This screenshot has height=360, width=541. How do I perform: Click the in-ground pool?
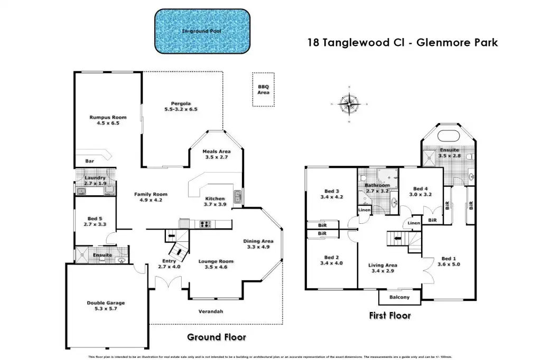pos(202,31)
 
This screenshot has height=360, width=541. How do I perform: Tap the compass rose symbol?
pos(348,103)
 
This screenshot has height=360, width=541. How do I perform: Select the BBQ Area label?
pos(263,90)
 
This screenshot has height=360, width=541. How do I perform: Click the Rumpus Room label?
pos(108,120)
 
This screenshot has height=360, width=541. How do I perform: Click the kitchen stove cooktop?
pos(204,224)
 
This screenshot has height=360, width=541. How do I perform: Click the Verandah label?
pos(211,311)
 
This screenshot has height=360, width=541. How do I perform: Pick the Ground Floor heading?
pos(217,337)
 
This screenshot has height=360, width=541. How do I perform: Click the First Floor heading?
pos(389,316)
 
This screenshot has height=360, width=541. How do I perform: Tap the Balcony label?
pos(399,298)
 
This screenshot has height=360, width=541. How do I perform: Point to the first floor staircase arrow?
pos(397,238)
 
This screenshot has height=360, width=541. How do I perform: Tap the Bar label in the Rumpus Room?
pos(89,161)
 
